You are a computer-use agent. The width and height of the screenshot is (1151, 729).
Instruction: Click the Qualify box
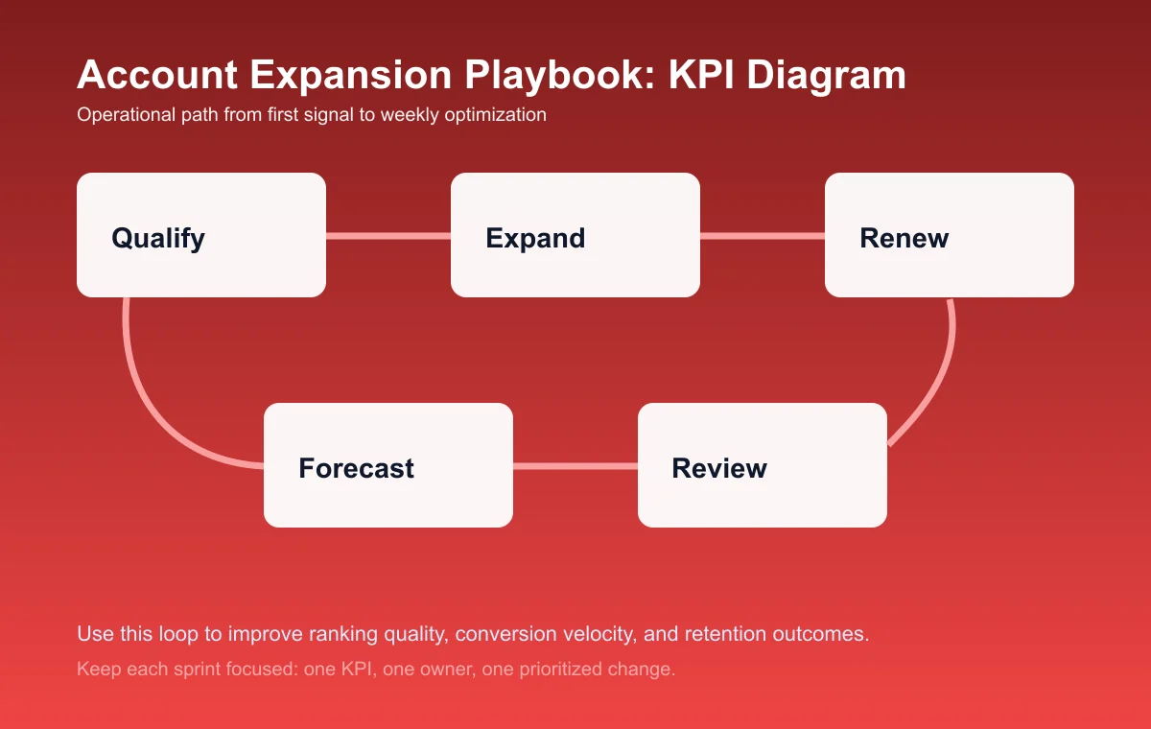coord(201,235)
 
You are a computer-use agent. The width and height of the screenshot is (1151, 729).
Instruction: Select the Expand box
coord(575,235)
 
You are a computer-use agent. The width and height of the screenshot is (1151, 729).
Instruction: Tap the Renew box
coord(950,235)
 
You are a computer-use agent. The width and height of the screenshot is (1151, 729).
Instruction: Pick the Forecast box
coord(388,465)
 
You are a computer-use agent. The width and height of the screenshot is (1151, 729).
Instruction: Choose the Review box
coord(763,465)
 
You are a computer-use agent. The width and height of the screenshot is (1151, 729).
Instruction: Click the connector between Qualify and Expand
coord(388,235)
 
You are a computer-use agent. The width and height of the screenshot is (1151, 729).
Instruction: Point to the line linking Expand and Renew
coord(763,235)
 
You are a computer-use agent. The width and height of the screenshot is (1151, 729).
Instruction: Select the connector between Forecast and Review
coord(575,466)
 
